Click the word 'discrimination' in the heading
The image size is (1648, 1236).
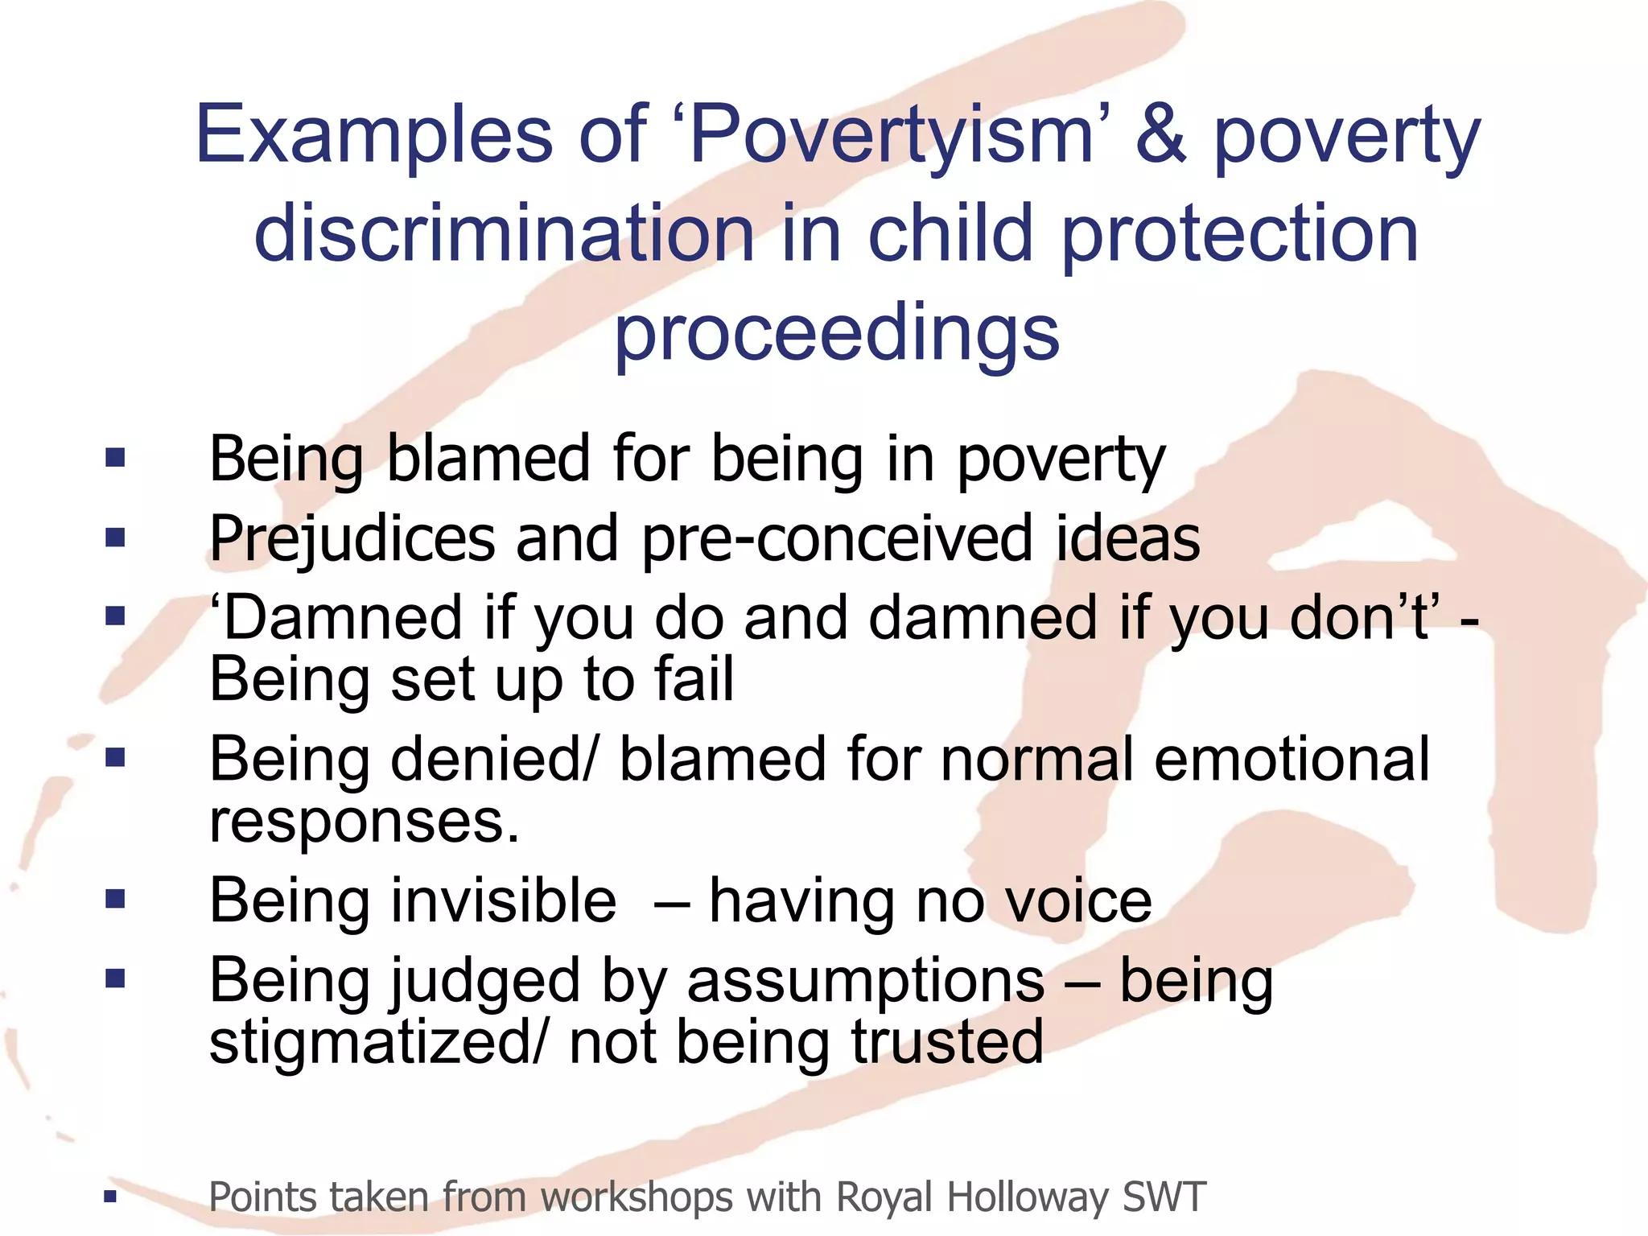(504, 234)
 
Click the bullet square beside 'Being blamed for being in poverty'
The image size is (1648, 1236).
(115, 459)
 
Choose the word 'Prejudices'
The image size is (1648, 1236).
(352, 538)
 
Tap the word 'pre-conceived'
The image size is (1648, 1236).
(837, 538)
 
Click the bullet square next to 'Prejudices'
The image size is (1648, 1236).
(115, 538)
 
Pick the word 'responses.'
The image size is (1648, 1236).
(365, 822)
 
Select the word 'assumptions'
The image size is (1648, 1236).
(865, 981)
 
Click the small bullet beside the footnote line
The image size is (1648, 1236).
(110, 1197)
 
